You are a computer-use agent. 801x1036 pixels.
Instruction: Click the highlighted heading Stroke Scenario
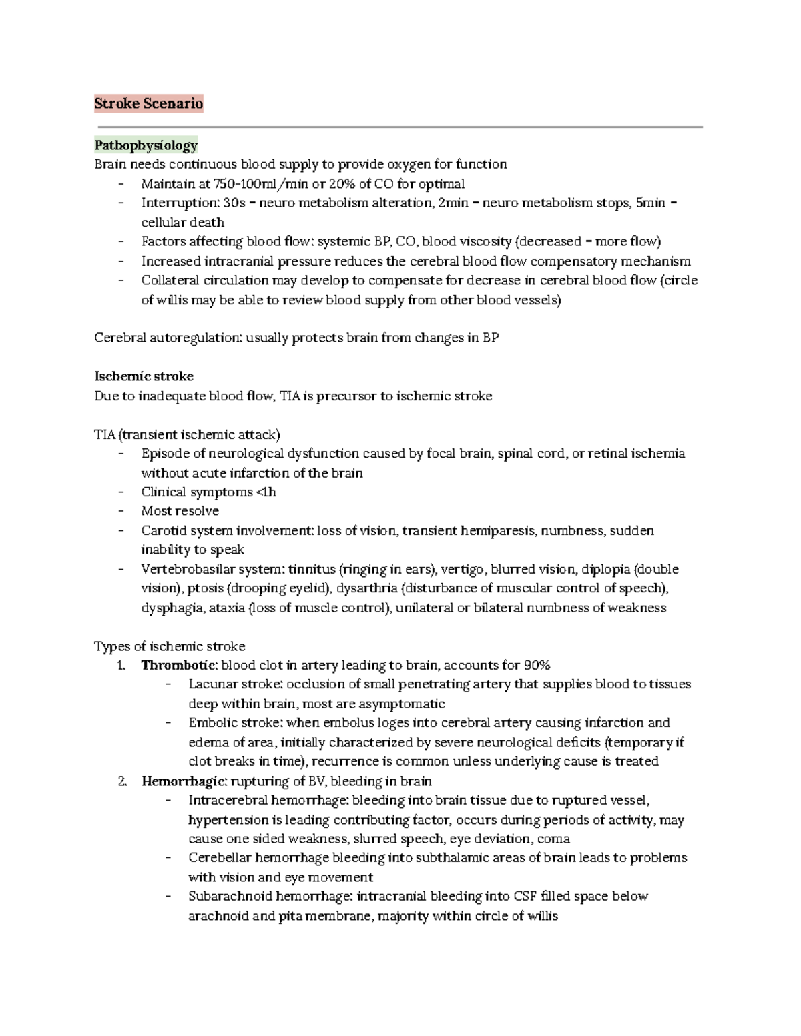click(148, 103)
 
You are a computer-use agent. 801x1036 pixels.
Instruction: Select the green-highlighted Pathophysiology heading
click(146, 145)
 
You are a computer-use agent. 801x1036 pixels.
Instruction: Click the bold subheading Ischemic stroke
click(144, 376)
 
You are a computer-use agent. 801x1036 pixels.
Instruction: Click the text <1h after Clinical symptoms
click(266, 492)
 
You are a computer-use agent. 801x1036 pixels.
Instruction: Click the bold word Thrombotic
click(179, 666)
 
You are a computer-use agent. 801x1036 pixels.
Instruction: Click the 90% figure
click(537, 666)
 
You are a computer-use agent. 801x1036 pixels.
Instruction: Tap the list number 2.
click(122, 781)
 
